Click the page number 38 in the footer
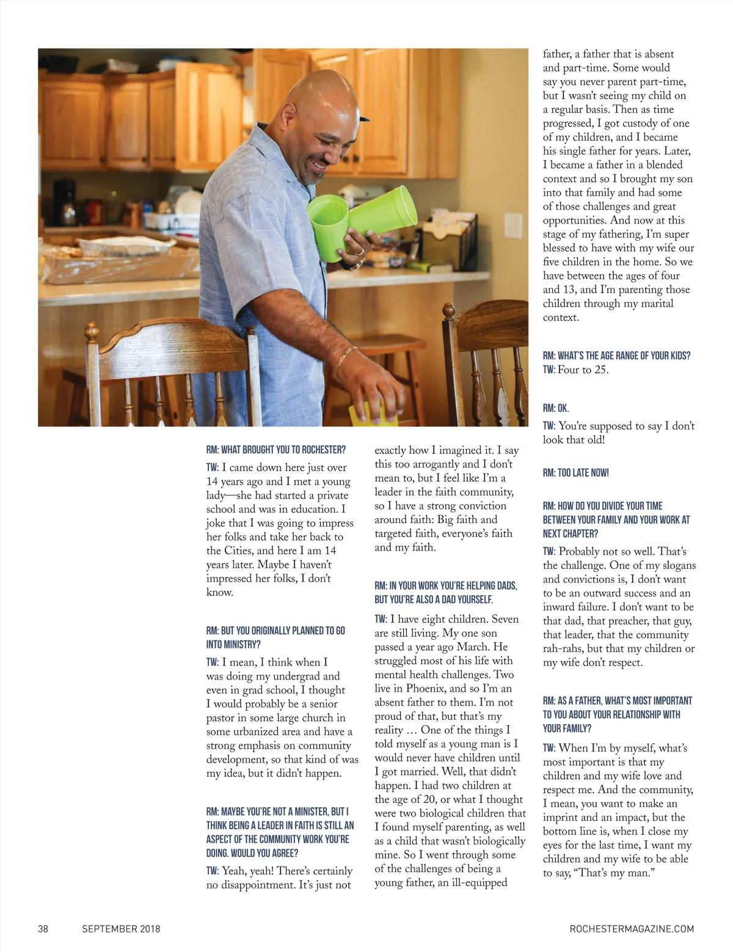click(x=43, y=929)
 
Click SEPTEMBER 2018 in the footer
click(x=121, y=929)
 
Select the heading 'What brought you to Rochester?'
click(x=276, y=450)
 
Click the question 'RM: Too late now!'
click(x=575, y=473)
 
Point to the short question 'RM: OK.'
click(x=556, y=408)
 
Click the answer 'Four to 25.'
click(x=583, y=370)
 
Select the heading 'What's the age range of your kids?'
click(x=617, y=356)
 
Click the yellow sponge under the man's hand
click(x=373, y=414)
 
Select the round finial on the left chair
click(x=92, y=331)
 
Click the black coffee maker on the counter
click(x=64, y=202)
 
